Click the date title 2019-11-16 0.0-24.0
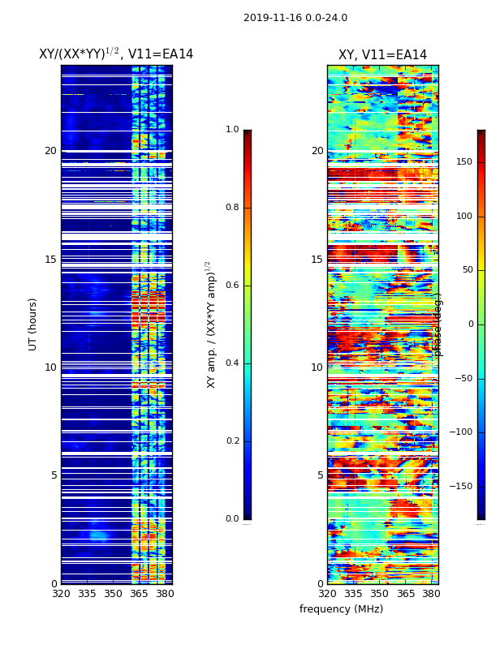pos(295,18)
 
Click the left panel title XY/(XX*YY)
pos(116,54)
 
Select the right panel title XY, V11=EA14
pos(382,55)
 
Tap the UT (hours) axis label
pos(33,324)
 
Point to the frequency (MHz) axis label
pos(341,609)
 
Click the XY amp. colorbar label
pos(211,324)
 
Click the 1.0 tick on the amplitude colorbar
pos(232,130)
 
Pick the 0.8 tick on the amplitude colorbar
pos(232,208)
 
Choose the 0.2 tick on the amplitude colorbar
pos(232,441)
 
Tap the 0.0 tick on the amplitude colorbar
pos(232,519)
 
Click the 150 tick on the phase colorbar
pos(464,162)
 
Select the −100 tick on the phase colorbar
pos(462,432)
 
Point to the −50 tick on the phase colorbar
pos(462,378)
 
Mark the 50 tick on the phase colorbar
pos(464,270)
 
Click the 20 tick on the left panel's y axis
pos(50,151)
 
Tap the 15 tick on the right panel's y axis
pos(317,260)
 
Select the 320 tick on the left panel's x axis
pos(61,594)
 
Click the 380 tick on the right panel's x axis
pos(431,594)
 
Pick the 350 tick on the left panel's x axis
pos(113,594)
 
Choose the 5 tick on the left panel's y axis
pos(54,475)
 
